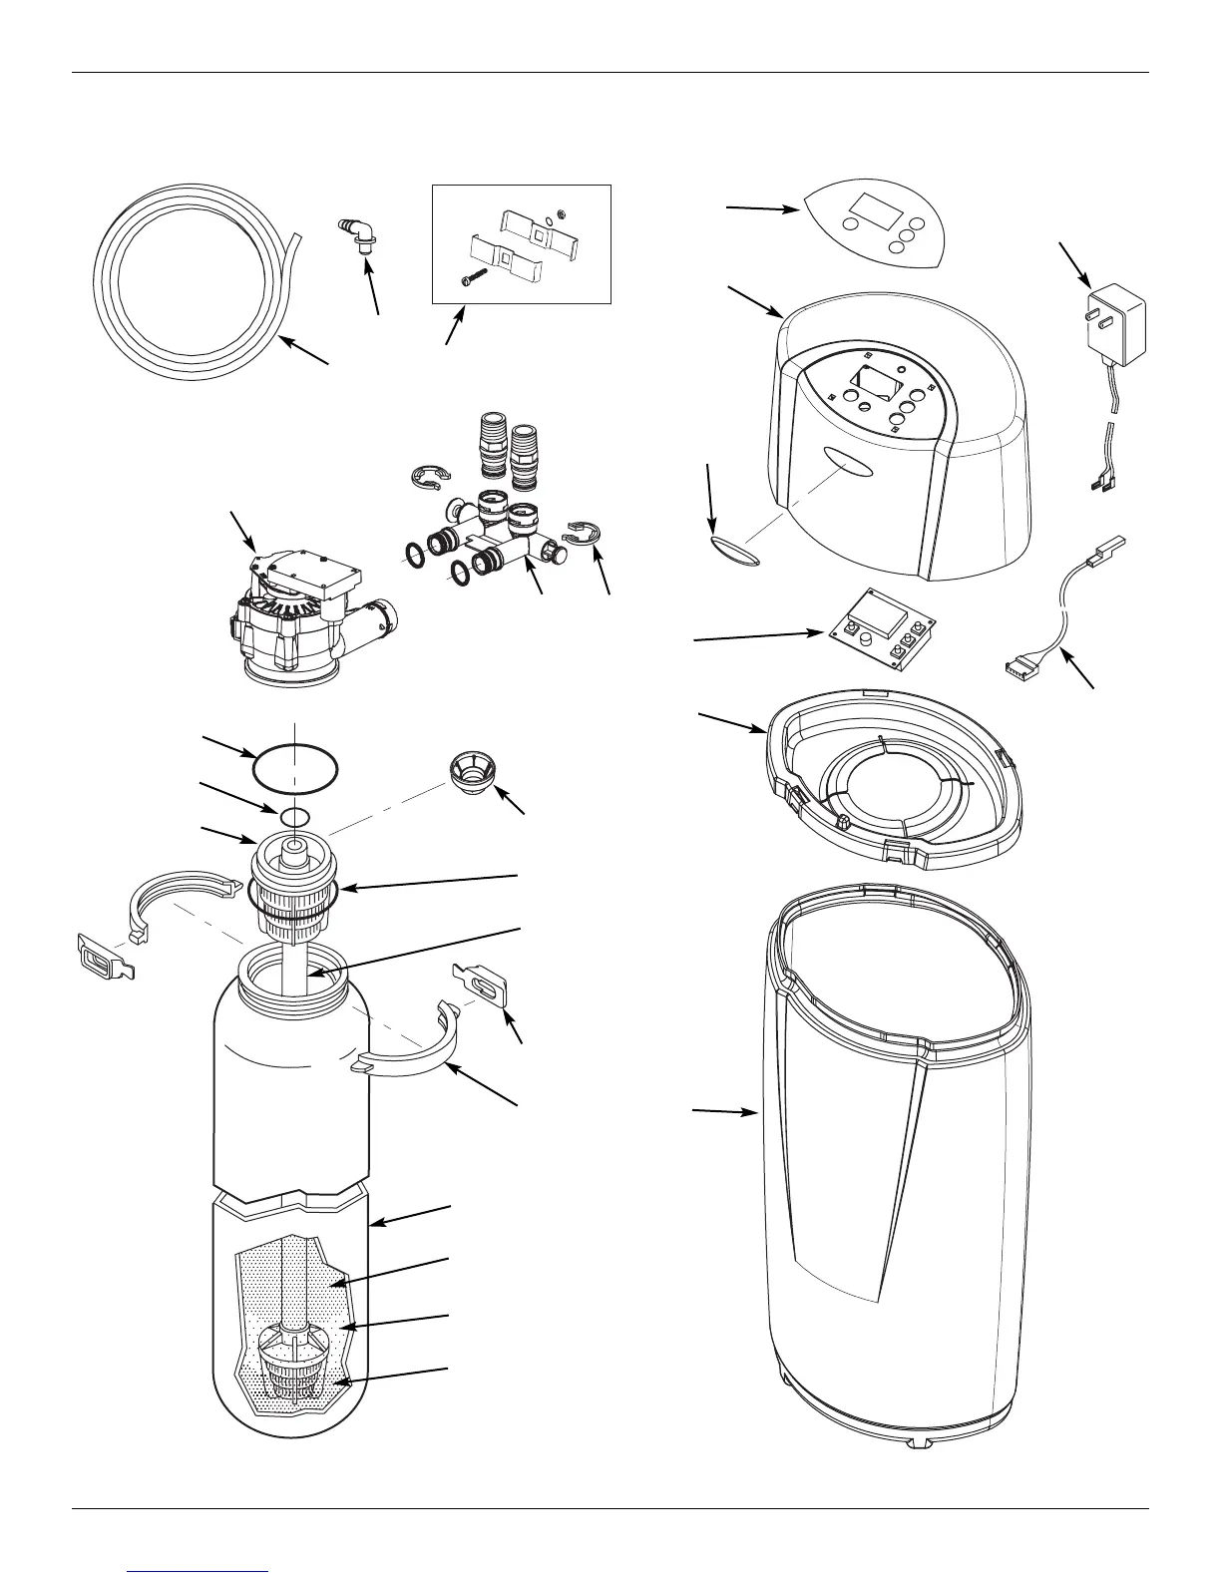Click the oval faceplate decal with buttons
(876, 224)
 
